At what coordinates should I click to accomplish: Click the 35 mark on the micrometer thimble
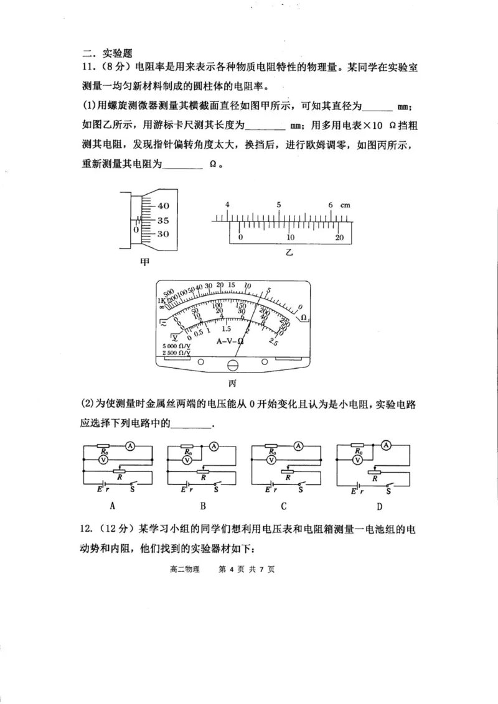click(x=162, y=220)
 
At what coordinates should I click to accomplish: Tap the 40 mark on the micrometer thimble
click(x=162, y=206)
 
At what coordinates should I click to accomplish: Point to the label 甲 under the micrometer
click(x=144, y=262)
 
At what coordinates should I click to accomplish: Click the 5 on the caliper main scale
click(x=279, y=205)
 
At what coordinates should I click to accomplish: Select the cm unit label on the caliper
click(x=345, y=205)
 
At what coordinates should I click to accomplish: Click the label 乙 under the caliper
click(x=289, y=253)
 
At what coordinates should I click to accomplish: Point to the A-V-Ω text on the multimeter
click(x=230, y=341)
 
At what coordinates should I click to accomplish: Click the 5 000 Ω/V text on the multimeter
click(x=176, y=346)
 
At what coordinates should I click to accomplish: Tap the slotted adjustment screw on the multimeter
click(x=233, y=366)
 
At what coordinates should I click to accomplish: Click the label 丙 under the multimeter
click(x=233, y=383)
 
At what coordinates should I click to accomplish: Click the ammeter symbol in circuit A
click(x=129, y=445)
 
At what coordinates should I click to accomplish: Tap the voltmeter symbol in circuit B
click(x=186, y=460)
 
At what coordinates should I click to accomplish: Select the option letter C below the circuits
click(x=283, y=505)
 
